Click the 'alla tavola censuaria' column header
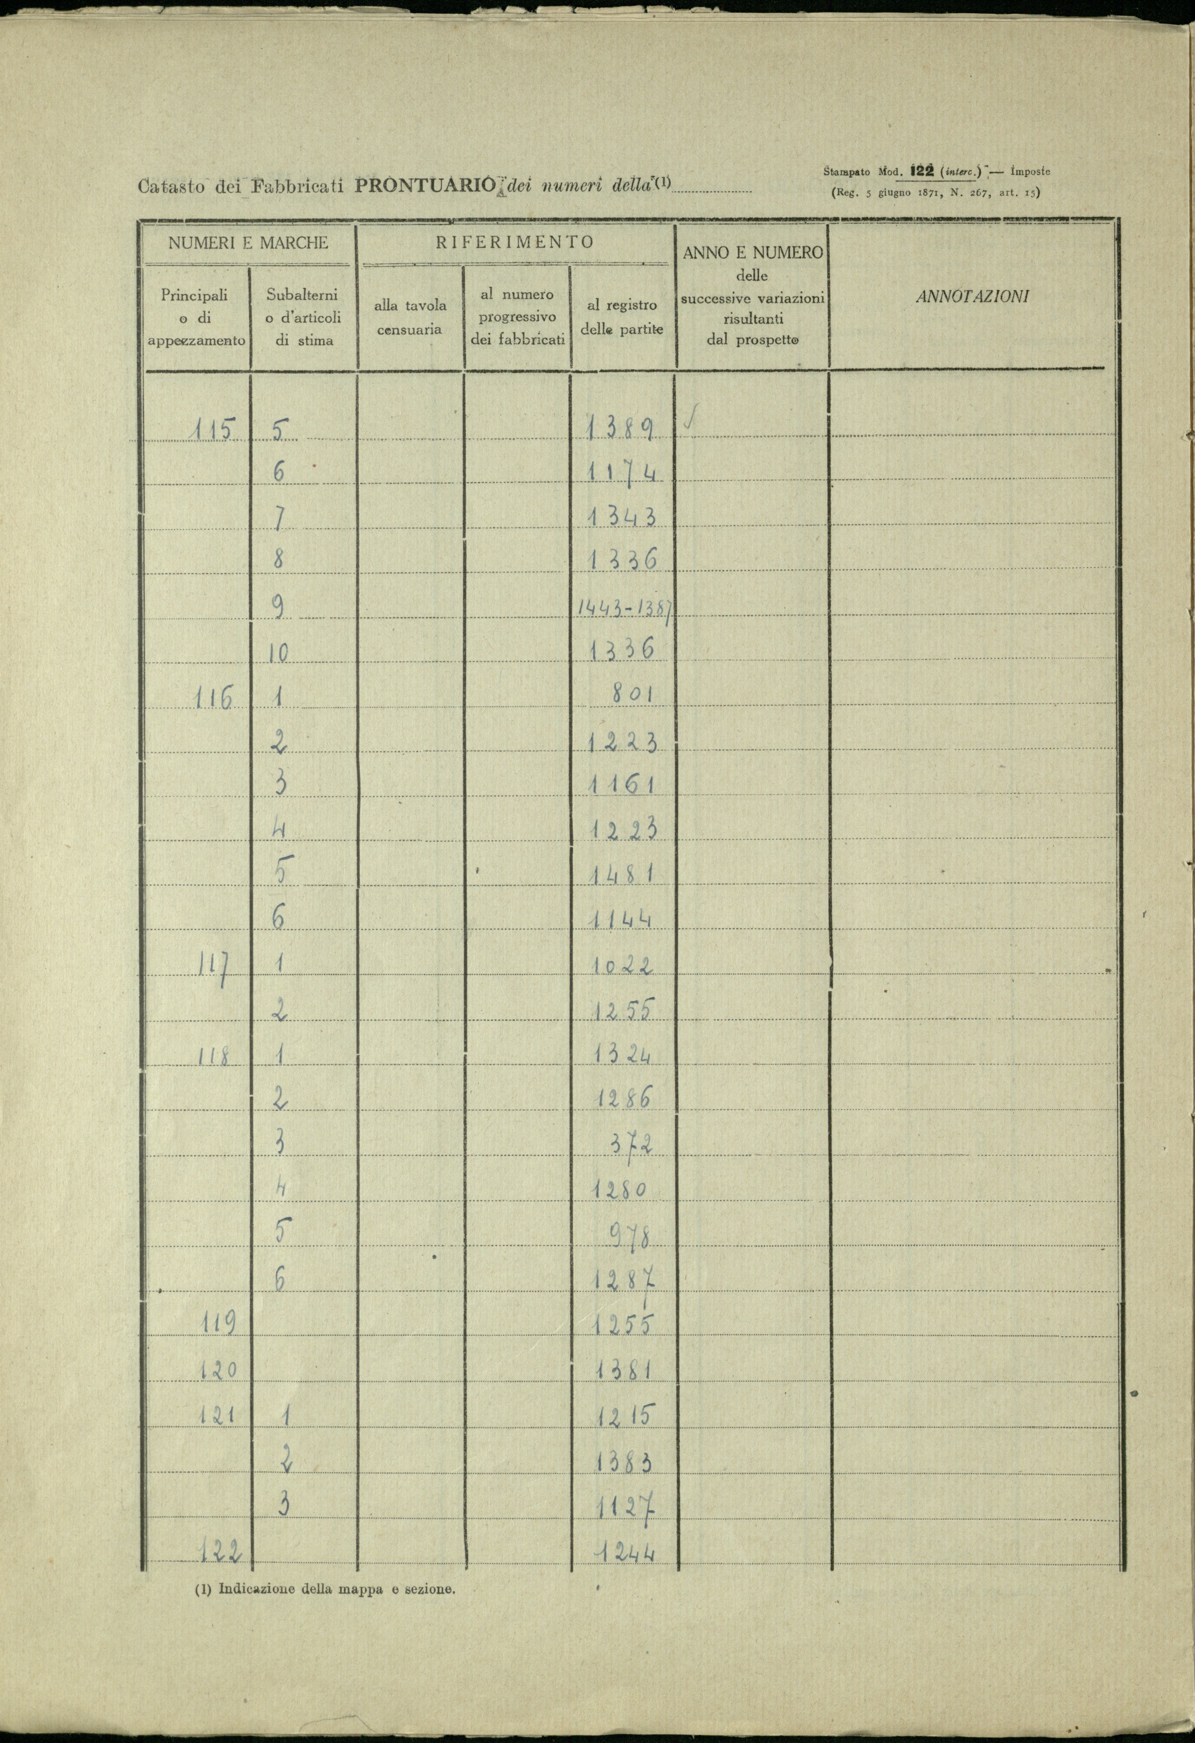coord(411,317)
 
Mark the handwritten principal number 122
coord(222,1548)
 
